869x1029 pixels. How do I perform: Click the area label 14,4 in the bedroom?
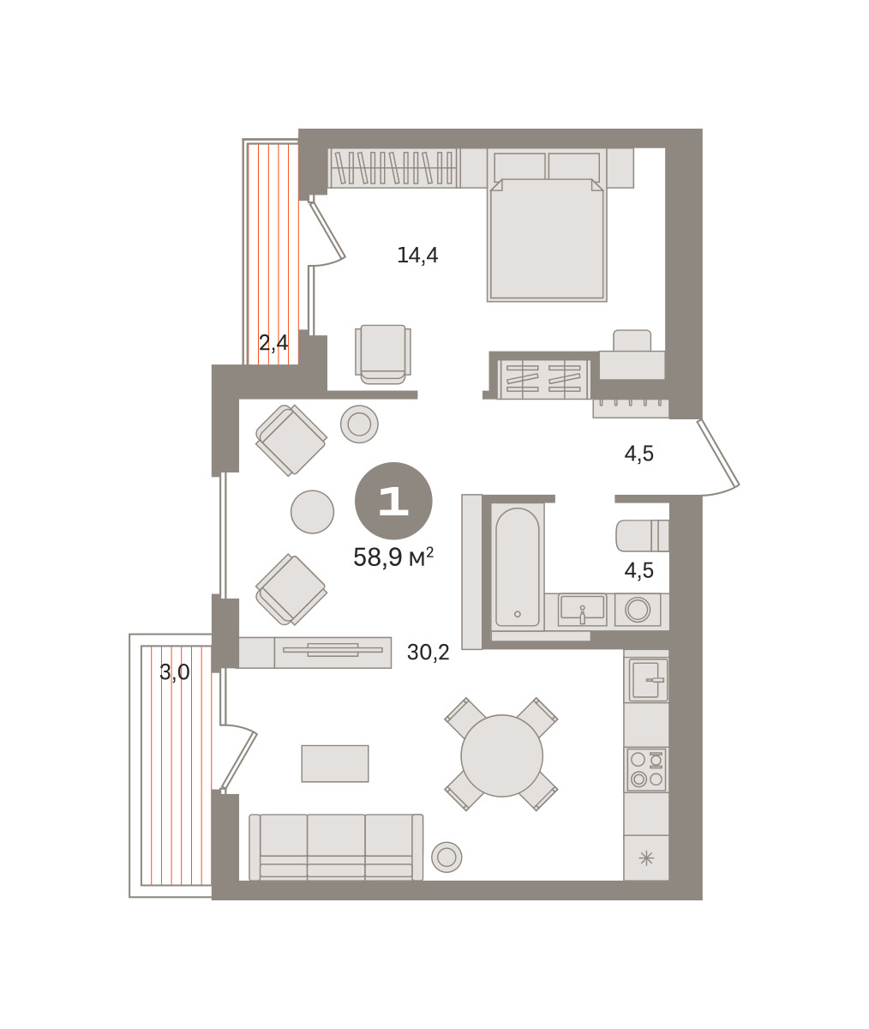point(417,256)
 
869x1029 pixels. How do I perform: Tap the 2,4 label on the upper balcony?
point(273,342)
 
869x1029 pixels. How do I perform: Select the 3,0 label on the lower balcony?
point(174,671)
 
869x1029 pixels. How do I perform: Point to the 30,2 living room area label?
point(429,652)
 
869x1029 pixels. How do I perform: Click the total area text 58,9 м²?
point(393,557)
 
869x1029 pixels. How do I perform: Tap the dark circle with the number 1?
point(393,501)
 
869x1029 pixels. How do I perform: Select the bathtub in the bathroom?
point(518,566)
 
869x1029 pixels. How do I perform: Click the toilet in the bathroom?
point(643,535)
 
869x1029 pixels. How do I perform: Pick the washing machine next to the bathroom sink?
point(638,610)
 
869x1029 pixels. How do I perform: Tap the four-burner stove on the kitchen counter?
point(646,770)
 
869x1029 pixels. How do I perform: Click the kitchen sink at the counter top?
point(646,680)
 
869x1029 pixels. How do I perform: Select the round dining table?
point(501,755)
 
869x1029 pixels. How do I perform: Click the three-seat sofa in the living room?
point(336,846)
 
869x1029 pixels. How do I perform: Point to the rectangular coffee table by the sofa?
point(335,763)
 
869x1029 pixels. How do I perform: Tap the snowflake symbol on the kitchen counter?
point(646,858)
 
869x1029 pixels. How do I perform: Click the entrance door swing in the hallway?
point(719,458)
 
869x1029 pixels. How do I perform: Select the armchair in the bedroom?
point(383,354)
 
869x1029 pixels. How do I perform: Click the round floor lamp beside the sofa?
point(446,857)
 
